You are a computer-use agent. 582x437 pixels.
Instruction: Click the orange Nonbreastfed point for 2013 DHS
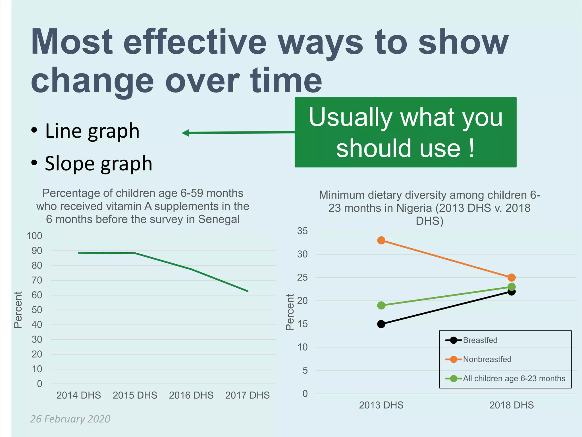click(x=381, y=240)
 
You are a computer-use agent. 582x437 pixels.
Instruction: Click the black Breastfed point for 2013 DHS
click(x=381, y=324)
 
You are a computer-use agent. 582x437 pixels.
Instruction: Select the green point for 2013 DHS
click(x=381, y=306)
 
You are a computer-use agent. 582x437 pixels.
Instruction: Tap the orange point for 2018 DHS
click(x=512, y=277)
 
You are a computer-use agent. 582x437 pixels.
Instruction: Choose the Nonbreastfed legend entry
click(x=487, y=359)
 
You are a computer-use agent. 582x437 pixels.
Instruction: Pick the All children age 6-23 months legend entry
click(x=514, y=378)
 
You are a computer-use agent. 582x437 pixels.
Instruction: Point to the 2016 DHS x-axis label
click(x=191, y=395)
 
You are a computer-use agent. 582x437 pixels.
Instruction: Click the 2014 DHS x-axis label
click(x=79, y=395)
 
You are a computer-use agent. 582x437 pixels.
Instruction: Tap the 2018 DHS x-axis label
click(x=512, y=405)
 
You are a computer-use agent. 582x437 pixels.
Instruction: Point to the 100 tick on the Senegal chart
click(x=34, y=236)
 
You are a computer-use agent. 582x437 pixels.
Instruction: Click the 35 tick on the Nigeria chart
click(x=302, y=231)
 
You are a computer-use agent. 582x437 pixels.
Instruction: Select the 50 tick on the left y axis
click(x=37, y=310)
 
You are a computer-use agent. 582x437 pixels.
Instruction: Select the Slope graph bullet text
click(x=98, y=164)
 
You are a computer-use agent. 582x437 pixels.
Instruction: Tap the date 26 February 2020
click(x=70, y=419)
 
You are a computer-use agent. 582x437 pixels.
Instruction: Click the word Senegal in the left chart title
click(x=219, y=219)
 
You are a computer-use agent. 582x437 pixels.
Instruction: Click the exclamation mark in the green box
click(x=472, y=148)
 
